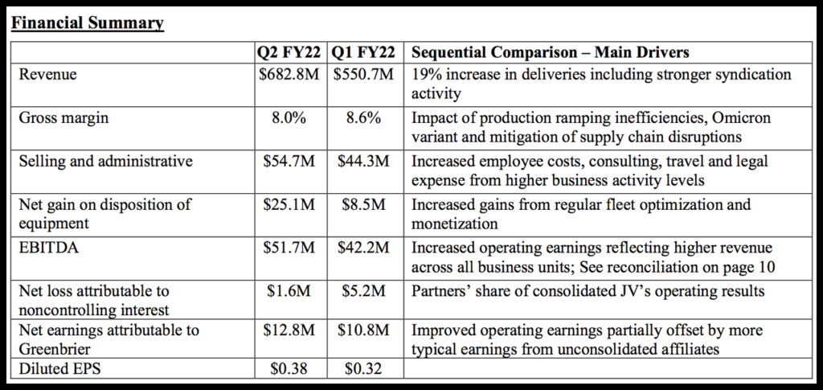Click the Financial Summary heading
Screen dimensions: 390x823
click(x=87, y=23)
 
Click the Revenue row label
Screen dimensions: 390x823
click(x=48, y=74)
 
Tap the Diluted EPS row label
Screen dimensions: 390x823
click(x=57, y=369)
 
